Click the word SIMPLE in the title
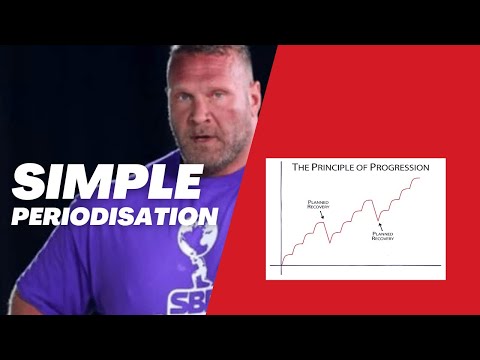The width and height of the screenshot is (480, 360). (108, 183)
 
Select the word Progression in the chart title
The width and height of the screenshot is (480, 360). (398, 168)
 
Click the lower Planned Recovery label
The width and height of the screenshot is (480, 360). (383, 237)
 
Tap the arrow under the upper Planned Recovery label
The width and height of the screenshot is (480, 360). (320, 215)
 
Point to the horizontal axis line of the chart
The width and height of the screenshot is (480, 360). (360, 265)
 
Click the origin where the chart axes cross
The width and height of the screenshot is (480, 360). (282, 265)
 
